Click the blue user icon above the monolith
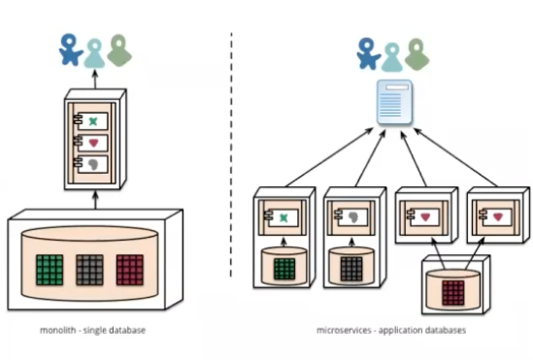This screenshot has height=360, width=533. coord(71,49)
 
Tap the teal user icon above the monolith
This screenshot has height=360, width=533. coord(94,53)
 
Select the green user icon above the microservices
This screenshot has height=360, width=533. coord(416,54)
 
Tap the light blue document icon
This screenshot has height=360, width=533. coord(394,102)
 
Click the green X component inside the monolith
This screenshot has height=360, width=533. coord(93,121)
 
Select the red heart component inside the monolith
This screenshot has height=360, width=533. coord(93,143)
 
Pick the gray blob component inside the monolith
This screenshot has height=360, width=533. coord(93,164)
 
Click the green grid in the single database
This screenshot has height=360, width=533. coord(50,270)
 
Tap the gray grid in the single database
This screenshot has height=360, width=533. coord(89,270)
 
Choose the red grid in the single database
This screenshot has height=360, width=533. coord(130,270)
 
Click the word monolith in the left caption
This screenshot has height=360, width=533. coord(58,330)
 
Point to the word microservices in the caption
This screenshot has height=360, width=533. coord(344,330)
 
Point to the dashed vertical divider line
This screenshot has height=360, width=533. coord(231,154)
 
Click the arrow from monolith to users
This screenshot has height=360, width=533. coord(95,79)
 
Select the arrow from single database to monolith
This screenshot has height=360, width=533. coord(95,200)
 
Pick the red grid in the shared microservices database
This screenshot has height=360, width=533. coord(453,293)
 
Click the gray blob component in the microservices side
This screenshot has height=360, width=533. coord(352,217)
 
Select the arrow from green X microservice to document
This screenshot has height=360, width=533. coord(330,157)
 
